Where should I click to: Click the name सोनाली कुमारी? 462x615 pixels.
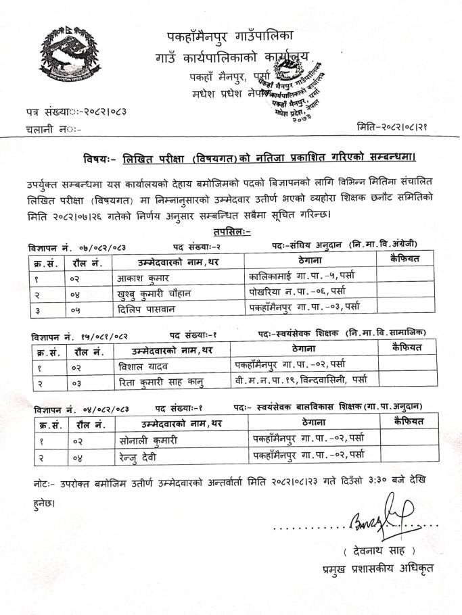click(x=148, y=441)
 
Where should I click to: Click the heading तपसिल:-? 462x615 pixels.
click(x=231, y=232)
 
